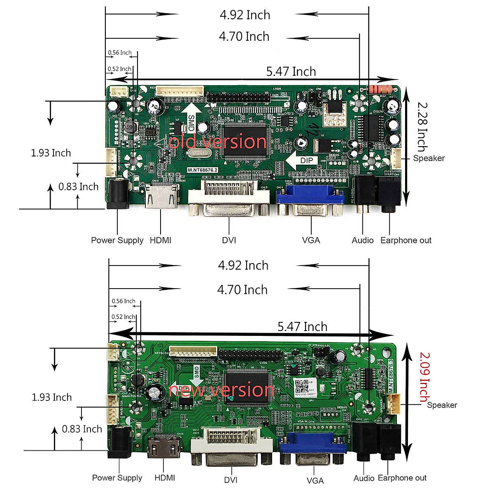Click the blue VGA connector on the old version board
coord(310,197)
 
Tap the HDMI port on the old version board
coord(162,196)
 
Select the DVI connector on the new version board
coord(231,445)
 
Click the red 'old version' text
coord(217,142)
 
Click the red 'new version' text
coord(221,389)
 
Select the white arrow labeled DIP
coord(302,161)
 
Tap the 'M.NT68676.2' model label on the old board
coord(203,170)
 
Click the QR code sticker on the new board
coord(303,386)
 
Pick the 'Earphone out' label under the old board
coord(406,240)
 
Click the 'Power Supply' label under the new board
coord(117,478)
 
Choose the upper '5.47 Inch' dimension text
coord(291,72)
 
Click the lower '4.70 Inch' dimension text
coord(242,290)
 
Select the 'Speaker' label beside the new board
coord(442,405)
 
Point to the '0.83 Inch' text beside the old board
coord(78,187)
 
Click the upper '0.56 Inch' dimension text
coord(120,53)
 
